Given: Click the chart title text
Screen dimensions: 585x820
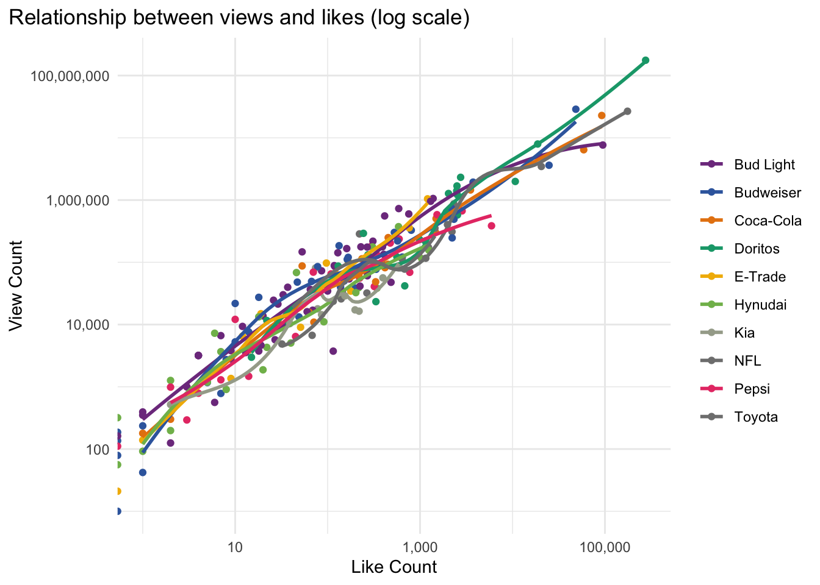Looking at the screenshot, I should coord(239,18).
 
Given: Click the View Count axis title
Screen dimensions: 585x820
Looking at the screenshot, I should coord(16,285).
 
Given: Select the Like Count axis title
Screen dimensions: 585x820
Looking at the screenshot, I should coord(394,567).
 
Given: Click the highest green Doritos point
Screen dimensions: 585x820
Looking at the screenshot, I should coord(646,60).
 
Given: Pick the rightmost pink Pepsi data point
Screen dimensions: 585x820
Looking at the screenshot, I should coord(491,226).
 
